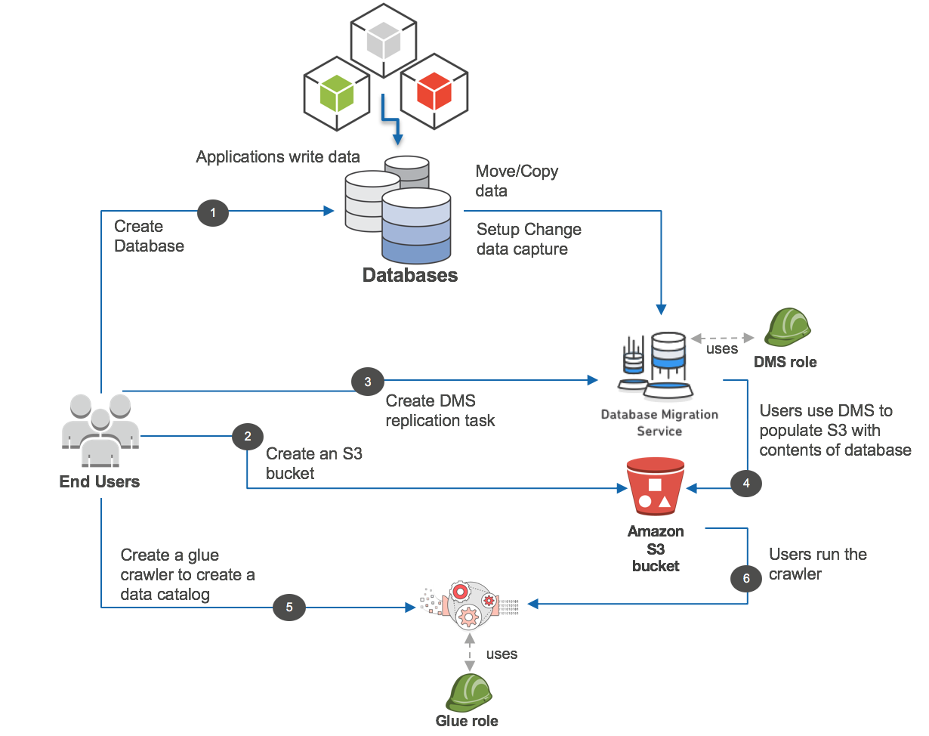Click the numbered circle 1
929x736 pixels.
pyautogui.click(x=213, y=214)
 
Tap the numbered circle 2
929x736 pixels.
pyautogui.click(x=248, y=436)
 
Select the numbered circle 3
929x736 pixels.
pyautogui.click(x=368, y=381)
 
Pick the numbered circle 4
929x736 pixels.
pyautogui.click(x=746, y=484)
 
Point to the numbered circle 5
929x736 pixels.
pyautogui.click(x=289, y=605)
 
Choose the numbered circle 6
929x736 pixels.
pyautogui.click(x=746, y=579)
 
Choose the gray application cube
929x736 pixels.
pyautogui.click(x=384, y=42)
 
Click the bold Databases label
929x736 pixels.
pyautogui.click(x=410, y=275)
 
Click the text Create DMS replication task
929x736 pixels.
pyautogui.click(x=440, y=410)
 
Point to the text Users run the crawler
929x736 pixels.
pyautogui.click(x=817, y=564)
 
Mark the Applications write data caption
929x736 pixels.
pyautogui.click(x=278, y=157)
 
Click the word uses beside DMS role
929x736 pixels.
pyautogui.click(x=722, y=349)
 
